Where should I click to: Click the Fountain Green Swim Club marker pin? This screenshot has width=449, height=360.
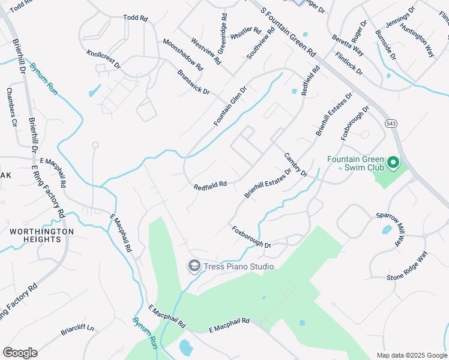click(x=393, y=162)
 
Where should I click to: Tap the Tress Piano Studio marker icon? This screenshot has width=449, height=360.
click(x=194, y=266)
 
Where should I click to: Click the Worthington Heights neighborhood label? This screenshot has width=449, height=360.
click(x=41, y=235)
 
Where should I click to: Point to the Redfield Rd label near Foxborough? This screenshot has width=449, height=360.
click(x=210, y=186)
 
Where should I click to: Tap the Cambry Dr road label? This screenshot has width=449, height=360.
click(x=295, y=164)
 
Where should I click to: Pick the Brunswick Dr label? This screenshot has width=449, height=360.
click(x=193, y=82)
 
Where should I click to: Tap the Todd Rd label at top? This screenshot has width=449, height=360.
click(x=135, y=19)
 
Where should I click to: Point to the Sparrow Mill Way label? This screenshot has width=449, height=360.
click(x=392, y=229)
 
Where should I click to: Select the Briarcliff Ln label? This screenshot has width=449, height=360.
click(x=77, y=329)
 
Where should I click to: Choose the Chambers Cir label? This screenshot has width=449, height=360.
click(x=11, y=107)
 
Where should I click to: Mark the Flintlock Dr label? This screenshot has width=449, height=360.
click(x=349, y=63)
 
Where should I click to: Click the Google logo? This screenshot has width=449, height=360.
click(x=20, y=353)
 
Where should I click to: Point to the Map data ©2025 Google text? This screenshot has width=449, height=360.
click(x=411, y=355)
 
